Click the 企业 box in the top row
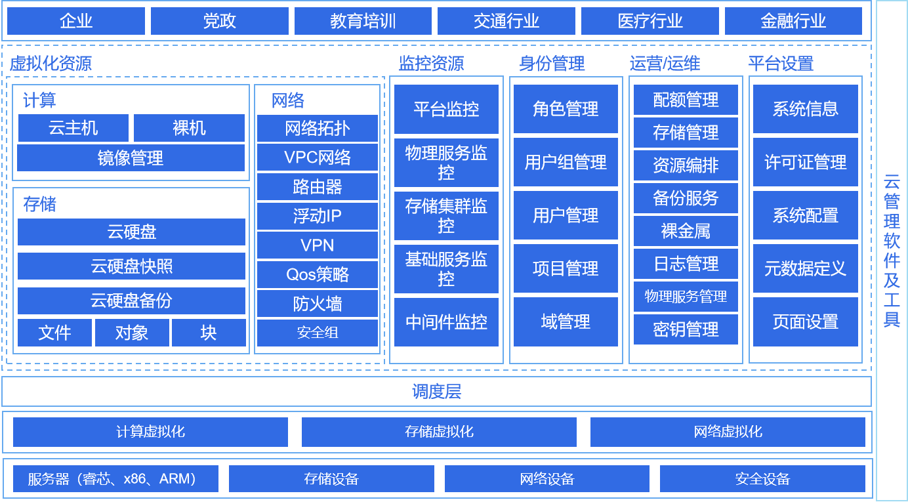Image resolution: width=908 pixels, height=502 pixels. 75,21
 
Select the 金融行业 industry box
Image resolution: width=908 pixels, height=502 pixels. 793,21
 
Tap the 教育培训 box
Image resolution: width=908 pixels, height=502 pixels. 363,21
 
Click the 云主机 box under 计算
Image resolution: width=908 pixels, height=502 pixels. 73,128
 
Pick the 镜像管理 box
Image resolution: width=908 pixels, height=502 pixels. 131,158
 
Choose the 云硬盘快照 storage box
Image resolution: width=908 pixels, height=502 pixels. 131,266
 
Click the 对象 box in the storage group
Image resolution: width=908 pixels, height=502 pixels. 132,333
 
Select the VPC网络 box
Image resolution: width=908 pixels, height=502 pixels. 318,157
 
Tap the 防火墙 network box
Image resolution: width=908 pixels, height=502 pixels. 318,304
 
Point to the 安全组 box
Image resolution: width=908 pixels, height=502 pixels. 318,333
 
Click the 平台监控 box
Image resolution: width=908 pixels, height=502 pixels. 446,109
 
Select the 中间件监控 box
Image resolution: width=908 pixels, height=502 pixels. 446,322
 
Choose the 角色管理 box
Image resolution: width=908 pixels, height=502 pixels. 566,109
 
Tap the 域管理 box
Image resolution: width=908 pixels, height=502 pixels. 566,322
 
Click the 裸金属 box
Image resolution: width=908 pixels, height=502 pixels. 686,231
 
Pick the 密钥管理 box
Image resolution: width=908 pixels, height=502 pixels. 686,329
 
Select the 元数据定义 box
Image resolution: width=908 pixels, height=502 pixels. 805,268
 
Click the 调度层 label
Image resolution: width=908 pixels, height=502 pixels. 436,392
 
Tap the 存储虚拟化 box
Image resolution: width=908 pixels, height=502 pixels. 439,432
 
